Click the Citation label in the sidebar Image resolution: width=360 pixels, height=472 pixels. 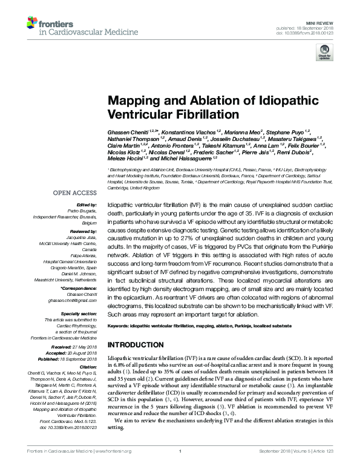click(88, 367)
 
